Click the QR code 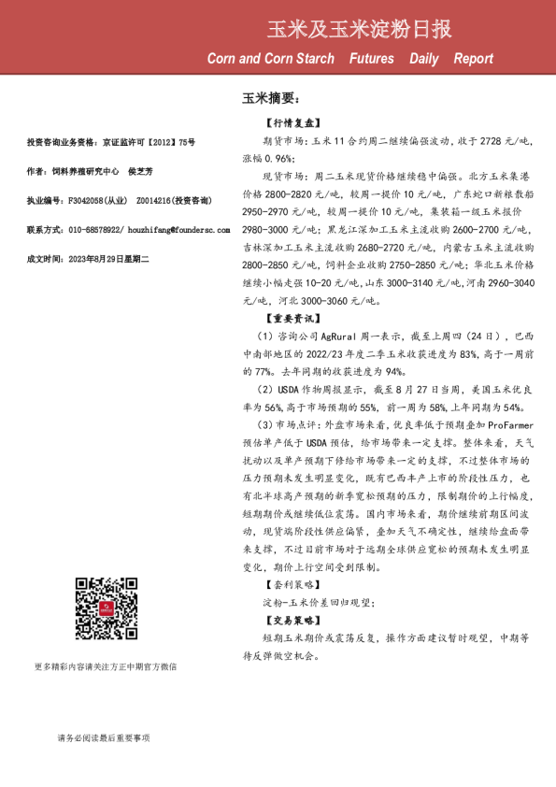[103, 608]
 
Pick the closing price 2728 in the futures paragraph [490, 140]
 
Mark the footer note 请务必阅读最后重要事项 [103, 738]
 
